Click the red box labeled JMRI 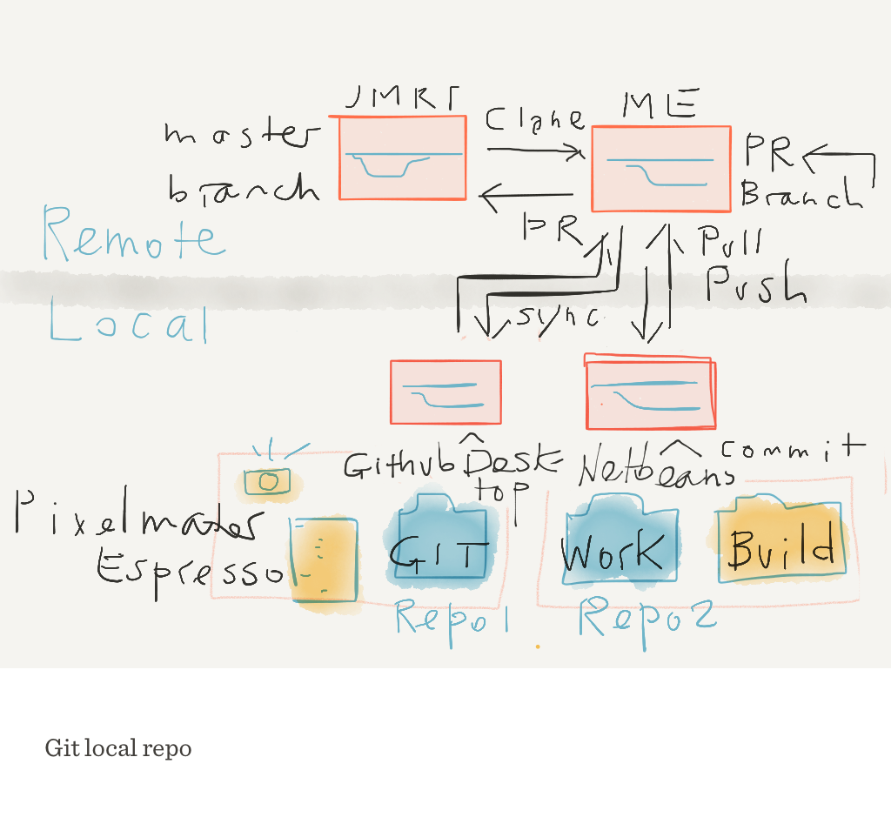(402, 157)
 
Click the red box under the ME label (660, 169)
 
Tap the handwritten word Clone (533, 121)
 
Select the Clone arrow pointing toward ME (535, 151)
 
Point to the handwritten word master (241, 135)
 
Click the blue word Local (130, 324)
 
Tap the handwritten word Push (755, 285)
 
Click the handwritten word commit (793, 449)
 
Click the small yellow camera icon (268, 480)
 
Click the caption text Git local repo (118, 748)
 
